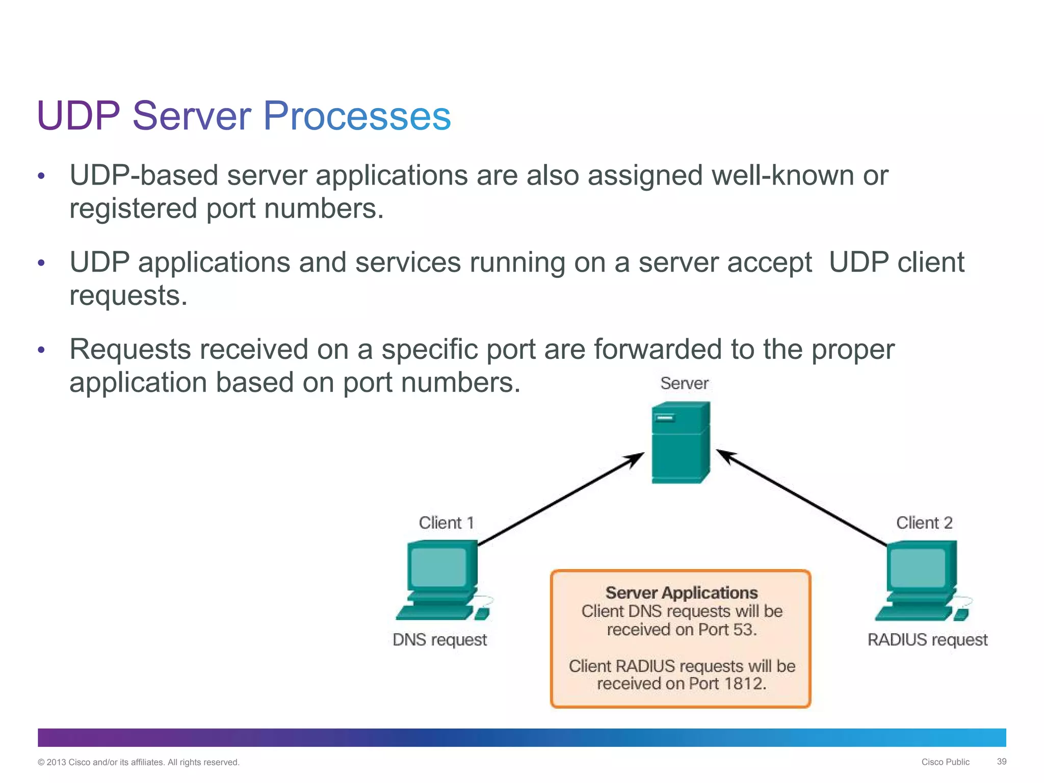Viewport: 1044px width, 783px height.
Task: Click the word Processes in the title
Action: (357, 116)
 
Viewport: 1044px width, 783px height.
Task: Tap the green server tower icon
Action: (681, 442)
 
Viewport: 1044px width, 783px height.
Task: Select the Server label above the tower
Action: (684, 383)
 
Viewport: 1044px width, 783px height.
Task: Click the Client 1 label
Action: (447, 523)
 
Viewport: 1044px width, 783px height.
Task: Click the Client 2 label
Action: (924, 523)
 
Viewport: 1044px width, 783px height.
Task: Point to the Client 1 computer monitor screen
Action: (438, 567)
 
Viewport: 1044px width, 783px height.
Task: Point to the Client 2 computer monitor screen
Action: (916, 567)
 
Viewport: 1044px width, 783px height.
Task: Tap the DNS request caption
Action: (439, 639)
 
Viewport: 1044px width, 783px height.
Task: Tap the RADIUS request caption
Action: (927, 639)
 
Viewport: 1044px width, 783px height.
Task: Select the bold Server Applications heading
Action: (681, 592)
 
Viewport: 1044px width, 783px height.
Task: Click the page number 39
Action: (1001, 762)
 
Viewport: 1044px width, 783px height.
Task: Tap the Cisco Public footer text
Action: (945, 762)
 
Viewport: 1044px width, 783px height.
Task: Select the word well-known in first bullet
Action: (782, 176)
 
